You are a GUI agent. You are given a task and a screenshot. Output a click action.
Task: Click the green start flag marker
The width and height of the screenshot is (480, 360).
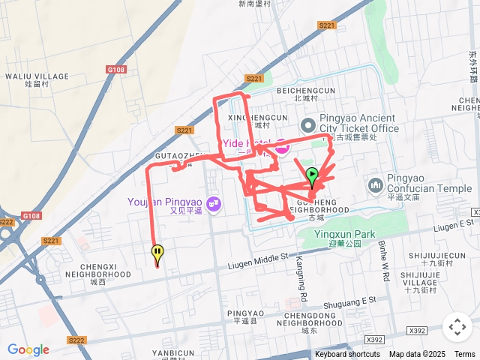click(x=313, y=177)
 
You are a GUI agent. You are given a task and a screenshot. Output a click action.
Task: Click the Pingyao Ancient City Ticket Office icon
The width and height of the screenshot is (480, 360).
click(x=307, y=124)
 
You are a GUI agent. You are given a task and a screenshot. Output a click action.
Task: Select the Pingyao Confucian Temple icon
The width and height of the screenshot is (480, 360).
click(x=375, y=184)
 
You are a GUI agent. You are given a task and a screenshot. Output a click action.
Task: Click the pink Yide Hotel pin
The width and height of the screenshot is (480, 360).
click(x=282, y=148)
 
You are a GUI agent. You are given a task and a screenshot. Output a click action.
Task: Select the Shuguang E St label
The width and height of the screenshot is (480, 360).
click(x=349, y=301)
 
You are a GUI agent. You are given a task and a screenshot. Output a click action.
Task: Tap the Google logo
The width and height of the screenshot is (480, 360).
click(x=28, y=349)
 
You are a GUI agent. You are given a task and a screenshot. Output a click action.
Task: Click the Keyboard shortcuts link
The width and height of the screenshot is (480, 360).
click(x=347, y=354)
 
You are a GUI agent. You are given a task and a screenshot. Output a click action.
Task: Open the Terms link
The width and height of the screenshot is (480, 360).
click(x=465, y=354)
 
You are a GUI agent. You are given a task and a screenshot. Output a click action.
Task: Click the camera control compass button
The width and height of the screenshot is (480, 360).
click(x=457, y=327)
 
